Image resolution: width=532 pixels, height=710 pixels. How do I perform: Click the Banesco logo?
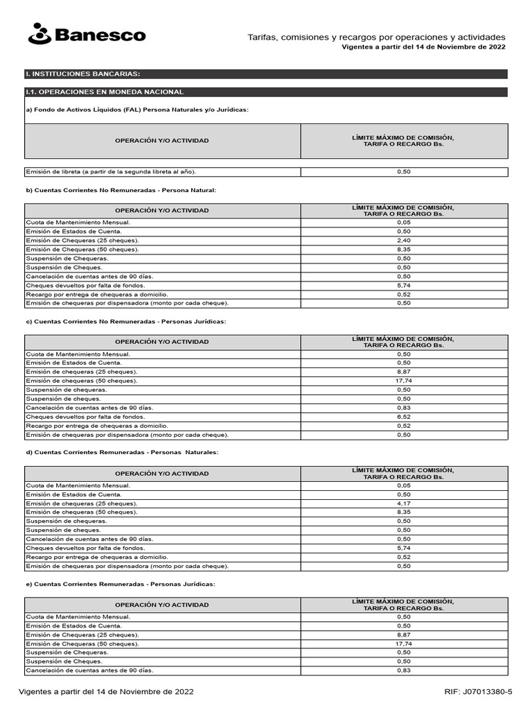87,34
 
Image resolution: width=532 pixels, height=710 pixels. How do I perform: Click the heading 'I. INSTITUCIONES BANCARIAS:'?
82,73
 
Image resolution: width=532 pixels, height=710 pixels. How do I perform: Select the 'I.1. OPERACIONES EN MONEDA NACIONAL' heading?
104,92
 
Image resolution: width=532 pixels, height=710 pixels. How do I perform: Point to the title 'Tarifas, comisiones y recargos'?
376,37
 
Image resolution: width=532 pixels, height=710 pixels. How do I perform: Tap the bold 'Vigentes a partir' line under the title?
423,47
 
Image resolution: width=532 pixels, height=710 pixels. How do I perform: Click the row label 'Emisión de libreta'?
115,171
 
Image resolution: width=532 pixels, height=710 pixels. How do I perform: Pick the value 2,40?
404,240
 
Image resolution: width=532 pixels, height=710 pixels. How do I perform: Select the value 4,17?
404,503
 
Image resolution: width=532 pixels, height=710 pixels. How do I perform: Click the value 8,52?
404,417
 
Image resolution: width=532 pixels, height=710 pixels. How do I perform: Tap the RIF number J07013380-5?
478,692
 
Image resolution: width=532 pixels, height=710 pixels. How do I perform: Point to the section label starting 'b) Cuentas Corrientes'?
121,189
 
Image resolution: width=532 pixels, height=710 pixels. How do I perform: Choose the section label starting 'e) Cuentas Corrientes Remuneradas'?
121,584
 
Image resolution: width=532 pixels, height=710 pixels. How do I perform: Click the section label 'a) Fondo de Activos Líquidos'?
136,110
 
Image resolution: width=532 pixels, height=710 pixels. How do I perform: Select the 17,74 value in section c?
404,381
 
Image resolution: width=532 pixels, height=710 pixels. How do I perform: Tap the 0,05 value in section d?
404,485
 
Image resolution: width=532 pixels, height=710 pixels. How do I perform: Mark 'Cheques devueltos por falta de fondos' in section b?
85,285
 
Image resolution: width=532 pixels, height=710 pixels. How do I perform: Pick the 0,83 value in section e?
404,670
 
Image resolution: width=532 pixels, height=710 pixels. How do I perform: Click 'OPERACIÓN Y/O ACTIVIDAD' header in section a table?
161,141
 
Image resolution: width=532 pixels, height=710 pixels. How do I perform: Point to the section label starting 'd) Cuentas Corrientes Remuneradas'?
122,452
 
